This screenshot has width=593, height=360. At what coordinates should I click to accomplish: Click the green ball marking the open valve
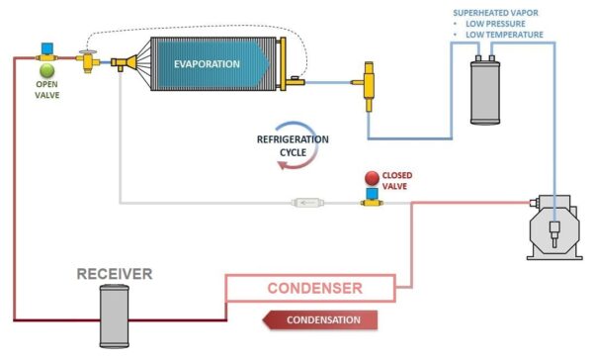pos(47,70)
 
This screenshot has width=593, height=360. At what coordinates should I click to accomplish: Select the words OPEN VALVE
pos(47,91)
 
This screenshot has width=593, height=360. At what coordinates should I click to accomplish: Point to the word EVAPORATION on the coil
pos(208,64)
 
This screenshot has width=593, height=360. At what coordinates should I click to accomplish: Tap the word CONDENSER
pos(315,290)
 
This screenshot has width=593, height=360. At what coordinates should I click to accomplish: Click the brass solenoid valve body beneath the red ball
pos(373,200)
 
